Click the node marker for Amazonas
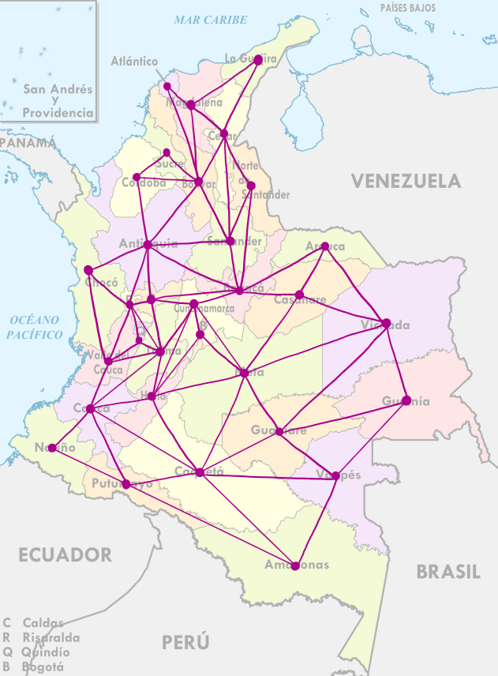tap(295, 565)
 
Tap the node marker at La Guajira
tap(258, 59)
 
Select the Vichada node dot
tap(386, 322)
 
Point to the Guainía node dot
tap(406, 400)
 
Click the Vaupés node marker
tap(336, 475)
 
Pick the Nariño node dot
tap(52, 448)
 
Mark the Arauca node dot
tap(324, 246)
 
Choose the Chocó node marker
tap(88, 270)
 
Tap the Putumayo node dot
tap(126, 484)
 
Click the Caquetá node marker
tap(200, 472)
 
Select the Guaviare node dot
tap(279, 431)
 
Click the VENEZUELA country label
tap(406, 181)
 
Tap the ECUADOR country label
tap(66, 554)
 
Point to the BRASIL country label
tap(448, 572)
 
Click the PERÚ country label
tap(186, 641)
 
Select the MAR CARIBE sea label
tap(211, 20)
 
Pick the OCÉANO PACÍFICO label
tap(35, 327)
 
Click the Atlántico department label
tap(134, 62)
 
